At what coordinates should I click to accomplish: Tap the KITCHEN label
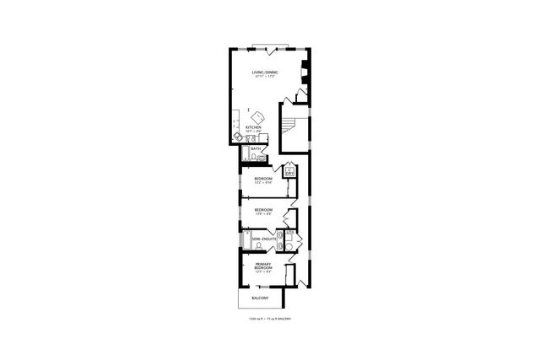[x=253, y=128]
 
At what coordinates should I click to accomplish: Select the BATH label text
[x=255, y=148]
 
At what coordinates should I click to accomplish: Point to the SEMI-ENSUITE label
[x=264, y=239]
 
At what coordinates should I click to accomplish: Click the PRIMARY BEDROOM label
[x=263, y=266]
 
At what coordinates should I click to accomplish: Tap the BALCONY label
[x=260, y=299]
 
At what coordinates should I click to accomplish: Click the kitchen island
[x=257, y=116]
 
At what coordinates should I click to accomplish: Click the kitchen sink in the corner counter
[x=236, y=133]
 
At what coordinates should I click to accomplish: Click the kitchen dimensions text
[x=253, y=132]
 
